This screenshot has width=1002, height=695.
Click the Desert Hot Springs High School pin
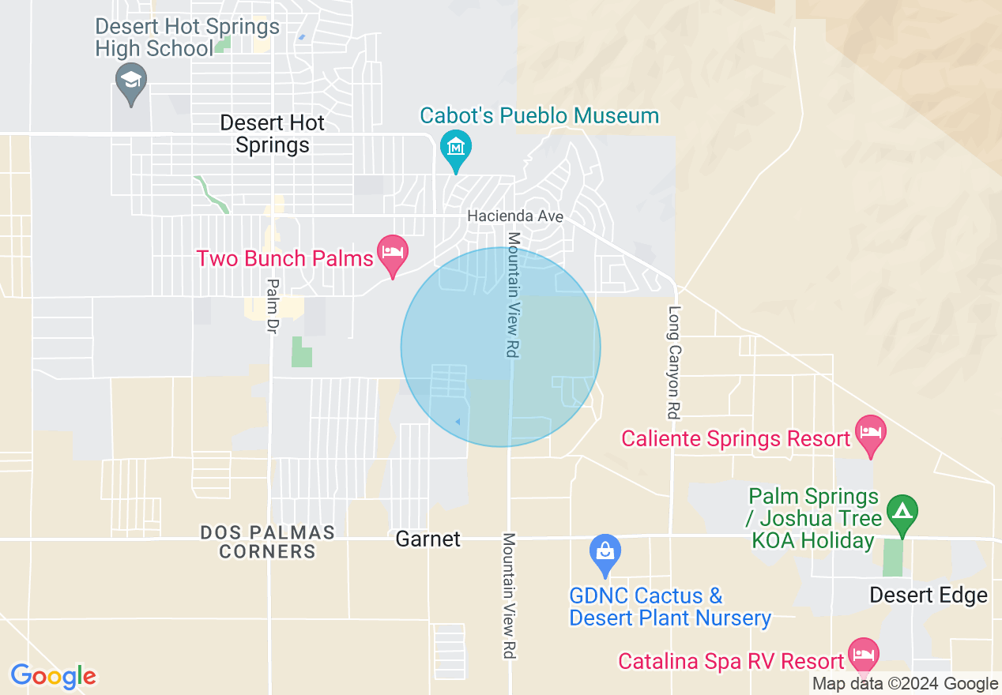[130, 81]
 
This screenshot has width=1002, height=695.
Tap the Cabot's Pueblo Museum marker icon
[456, 148]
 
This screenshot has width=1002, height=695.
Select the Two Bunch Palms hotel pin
[392, 252]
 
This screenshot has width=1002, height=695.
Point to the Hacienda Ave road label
[515, 216]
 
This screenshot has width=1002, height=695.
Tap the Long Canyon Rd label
[674, 362]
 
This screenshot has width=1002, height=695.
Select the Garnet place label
[428, 539]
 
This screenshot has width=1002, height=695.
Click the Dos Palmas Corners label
[267, 542]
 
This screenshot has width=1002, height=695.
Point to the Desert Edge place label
[929, 595]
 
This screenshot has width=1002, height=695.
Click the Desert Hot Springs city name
[273, 134]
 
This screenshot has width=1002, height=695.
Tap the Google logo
[53, 676]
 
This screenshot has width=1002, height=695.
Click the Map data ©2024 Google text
[906, 684]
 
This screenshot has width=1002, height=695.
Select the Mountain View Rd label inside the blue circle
[513, 295]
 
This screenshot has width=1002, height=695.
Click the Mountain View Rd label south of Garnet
[510, 595]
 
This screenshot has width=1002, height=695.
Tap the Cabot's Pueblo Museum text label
[539, 116]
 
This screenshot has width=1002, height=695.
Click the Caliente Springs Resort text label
[735, 438]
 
